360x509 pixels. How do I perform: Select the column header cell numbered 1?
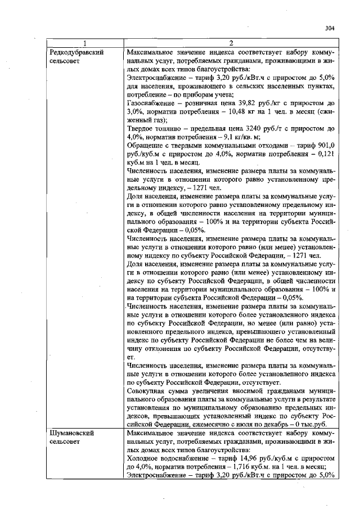tap(84, 43)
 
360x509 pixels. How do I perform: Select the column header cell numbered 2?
tap(231, 43)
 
